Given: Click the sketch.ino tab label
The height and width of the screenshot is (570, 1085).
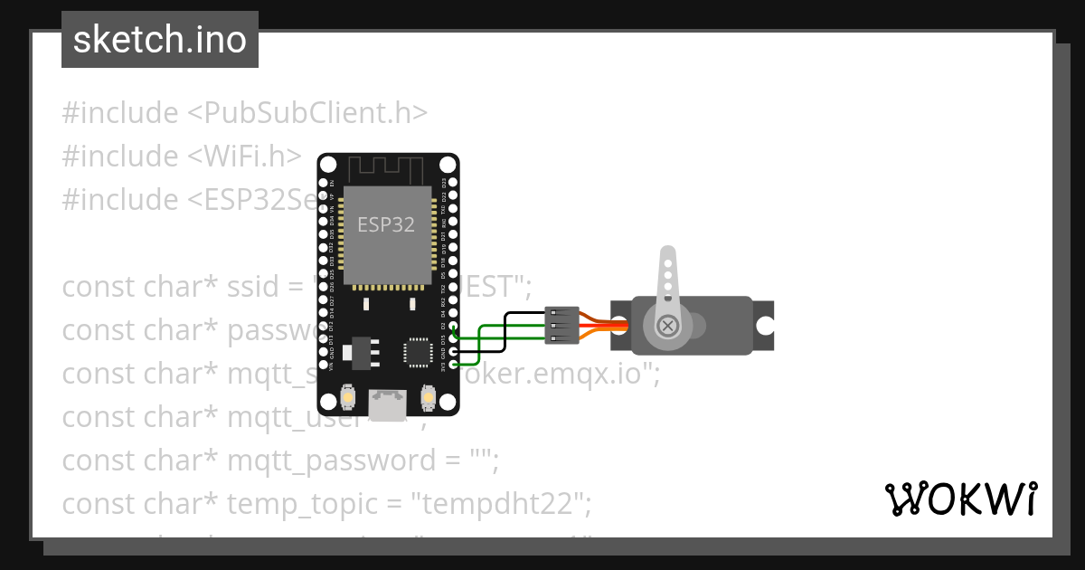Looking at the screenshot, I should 160,40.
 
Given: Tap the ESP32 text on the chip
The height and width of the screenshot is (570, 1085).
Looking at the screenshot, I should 386,224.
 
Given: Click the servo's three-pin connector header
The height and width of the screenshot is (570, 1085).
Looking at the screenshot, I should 561,326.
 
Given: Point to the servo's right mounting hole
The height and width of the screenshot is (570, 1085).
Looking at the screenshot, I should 765,326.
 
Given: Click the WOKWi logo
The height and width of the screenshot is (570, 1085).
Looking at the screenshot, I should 960,499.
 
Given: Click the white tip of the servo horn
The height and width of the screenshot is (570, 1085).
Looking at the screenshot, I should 667,256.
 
